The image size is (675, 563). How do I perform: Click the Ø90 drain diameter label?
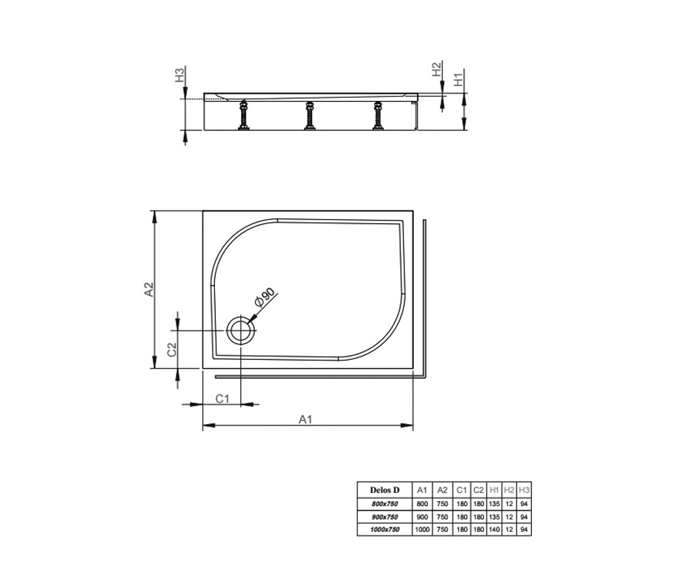265,297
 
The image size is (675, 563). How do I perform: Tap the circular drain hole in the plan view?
241,330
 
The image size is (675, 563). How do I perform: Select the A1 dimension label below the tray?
305,419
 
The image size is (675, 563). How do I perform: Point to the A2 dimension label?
148,289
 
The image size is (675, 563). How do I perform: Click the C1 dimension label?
222,399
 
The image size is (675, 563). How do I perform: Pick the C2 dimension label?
172,350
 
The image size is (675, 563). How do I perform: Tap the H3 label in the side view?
179,74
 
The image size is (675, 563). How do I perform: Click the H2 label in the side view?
436,69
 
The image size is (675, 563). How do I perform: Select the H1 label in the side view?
458,79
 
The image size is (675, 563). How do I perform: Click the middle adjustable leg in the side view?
310,115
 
